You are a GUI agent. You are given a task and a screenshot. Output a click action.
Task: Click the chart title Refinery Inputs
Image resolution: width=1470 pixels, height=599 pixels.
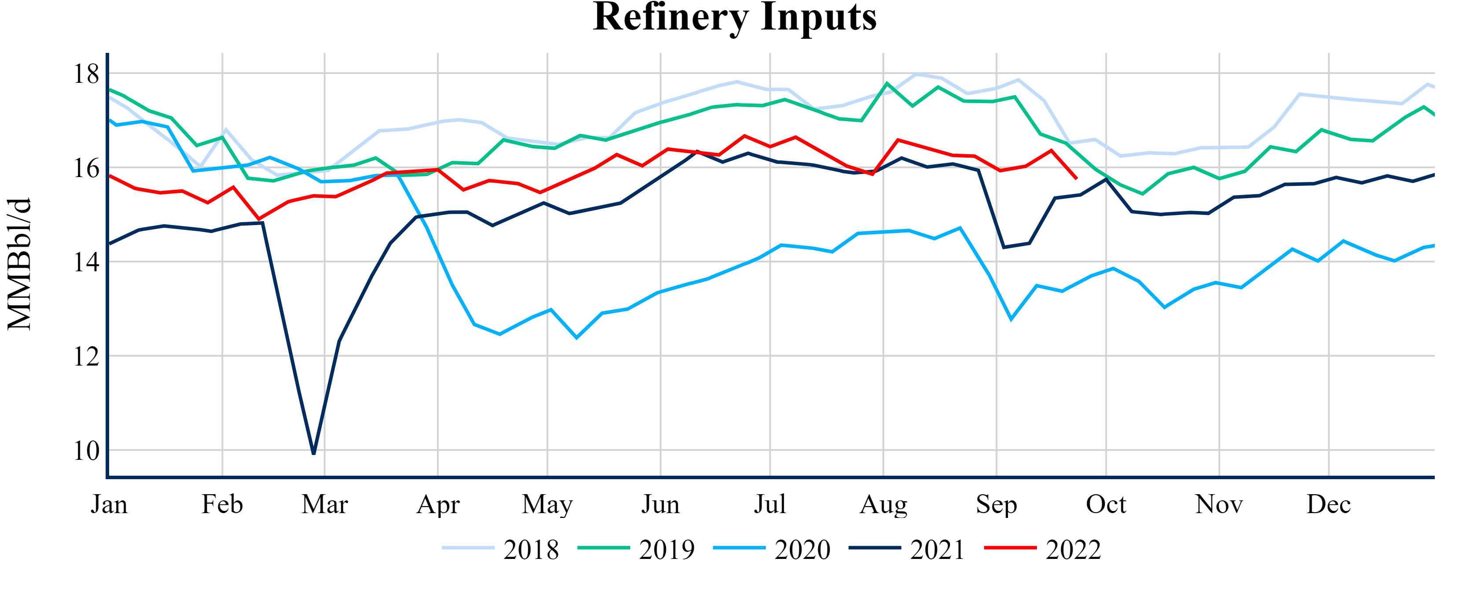pos(735,17)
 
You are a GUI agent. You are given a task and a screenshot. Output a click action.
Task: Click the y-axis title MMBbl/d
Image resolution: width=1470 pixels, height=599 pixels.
pos(19,264)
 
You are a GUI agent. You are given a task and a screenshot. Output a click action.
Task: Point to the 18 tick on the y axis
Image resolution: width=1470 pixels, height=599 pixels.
pos(86,74)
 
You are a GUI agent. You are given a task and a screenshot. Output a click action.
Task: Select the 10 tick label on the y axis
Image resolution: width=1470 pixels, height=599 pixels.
pos(86,451)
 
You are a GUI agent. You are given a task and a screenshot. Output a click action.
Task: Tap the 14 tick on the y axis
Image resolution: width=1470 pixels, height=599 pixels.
pos(86,262)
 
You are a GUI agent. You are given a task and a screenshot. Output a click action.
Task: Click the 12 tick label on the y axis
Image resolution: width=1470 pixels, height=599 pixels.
pos(86,356)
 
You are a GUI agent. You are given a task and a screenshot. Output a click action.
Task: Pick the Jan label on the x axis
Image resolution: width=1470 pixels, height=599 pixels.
pos(109,504)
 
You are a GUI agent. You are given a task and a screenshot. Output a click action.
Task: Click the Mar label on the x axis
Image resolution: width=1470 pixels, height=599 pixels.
pos(325,504)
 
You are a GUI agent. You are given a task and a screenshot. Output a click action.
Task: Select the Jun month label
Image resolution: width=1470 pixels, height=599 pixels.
pos(660,504)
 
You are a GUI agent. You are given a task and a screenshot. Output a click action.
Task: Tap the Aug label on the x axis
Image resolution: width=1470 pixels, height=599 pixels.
pos(883,504)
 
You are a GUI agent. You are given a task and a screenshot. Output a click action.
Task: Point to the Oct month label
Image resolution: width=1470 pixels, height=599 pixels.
pos(1106,504)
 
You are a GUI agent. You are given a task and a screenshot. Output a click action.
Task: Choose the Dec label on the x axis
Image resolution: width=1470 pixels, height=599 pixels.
pos(1328,504)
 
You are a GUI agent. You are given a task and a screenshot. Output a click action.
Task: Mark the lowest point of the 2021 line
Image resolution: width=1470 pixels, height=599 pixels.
pos(314,453)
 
